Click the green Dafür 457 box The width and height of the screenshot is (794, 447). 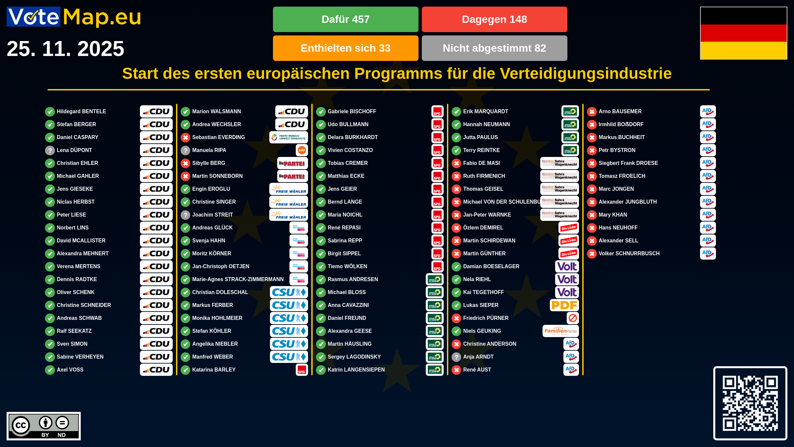click(345, 19)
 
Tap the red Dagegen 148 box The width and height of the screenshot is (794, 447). click(494, 19)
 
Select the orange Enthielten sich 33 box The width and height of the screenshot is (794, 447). click(345, 48)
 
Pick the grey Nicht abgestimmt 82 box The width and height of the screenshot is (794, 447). click(494, 48)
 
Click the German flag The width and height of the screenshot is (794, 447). click(743, 33)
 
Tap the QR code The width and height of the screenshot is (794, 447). click(750, 403)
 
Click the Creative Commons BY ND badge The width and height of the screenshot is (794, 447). click(44, 426)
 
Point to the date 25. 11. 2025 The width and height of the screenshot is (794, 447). click(66, 49)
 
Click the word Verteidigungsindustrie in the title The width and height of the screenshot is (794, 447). click(586, 74)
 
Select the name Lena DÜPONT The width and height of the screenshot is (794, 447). click(74, 150)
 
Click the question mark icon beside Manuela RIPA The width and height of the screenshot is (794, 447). click(186, 151)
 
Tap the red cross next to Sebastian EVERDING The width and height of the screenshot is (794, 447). click(186, 137)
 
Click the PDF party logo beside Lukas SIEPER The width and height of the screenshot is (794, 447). click(564, 305)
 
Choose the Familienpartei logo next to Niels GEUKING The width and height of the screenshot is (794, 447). click(560, 331)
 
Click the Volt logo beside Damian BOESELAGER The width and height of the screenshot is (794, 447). click(567, 267)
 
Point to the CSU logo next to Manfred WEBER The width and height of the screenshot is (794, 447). click(289, 357)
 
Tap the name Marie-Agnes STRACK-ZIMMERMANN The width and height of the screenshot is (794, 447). click(238, 279)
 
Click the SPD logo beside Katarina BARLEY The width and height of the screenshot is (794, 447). click(301, 370)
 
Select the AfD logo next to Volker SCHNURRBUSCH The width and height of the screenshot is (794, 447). click(708, 254)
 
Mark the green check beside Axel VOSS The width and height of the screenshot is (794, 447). click(50, 370)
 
